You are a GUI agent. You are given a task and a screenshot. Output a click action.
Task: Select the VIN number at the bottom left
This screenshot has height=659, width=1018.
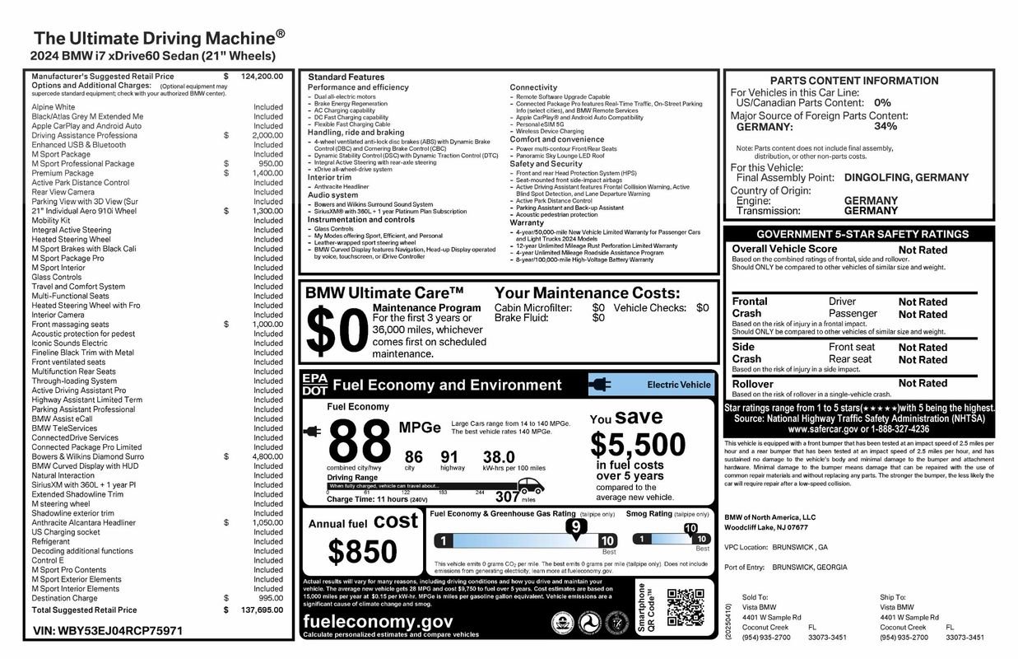[x=107, y=631]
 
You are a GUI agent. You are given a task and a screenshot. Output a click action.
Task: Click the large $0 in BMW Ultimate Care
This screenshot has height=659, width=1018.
[x=334, y=331]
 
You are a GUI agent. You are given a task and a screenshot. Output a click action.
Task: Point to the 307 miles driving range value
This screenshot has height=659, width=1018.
[x=507, y=496]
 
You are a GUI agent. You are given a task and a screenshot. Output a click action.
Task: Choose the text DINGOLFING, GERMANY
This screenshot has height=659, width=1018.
[x=895, y=177]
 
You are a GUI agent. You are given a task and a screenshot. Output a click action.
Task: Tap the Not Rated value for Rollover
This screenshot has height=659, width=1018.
[x=923, y=383]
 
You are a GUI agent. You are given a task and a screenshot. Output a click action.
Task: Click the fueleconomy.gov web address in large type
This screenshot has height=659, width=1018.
[x=378, y=622]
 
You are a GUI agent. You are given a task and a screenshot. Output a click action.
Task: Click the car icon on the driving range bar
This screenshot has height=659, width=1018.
[x=530, y=484]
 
